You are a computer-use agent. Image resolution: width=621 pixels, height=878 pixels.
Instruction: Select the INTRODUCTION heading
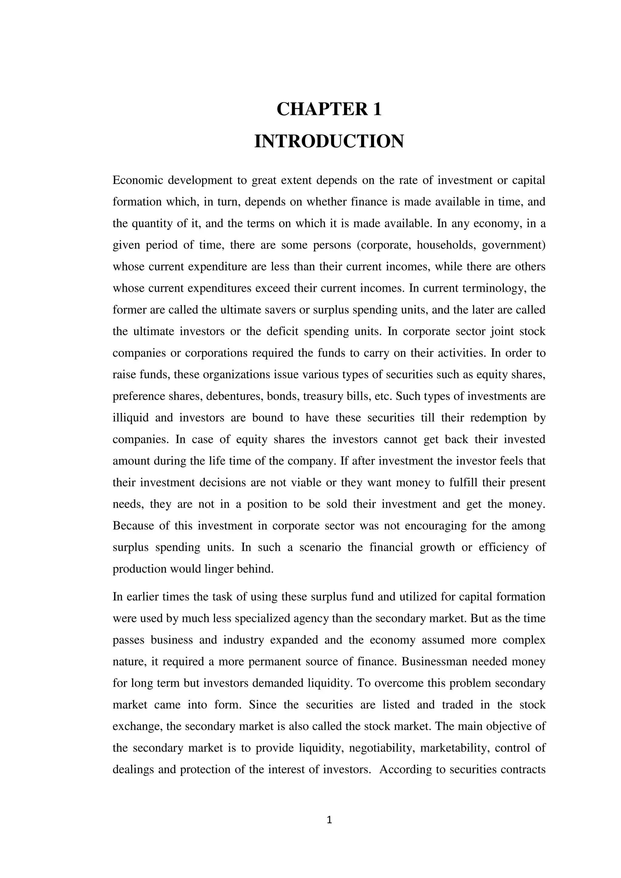pos(329,142)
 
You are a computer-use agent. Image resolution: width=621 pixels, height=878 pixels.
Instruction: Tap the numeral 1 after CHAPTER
pos(377,109)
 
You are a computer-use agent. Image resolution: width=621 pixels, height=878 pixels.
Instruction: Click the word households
pos(445,245)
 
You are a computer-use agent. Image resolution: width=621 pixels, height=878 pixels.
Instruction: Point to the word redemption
pos(498,418)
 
